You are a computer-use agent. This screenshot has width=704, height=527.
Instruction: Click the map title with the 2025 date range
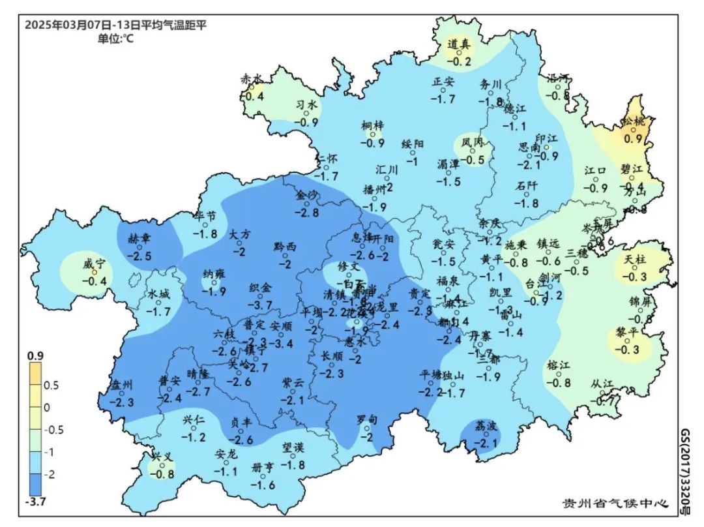point(116,25)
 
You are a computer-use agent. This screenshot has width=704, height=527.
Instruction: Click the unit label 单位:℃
point(115,38)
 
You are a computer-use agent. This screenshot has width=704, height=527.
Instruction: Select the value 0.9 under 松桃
point(633,138)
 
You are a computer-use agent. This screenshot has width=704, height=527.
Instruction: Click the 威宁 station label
point(94,264)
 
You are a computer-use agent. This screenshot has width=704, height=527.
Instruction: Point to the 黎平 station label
point(625,333)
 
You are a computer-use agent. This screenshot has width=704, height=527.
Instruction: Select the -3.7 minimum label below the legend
point(36,501)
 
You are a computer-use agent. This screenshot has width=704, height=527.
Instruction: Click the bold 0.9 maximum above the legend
point(35,355)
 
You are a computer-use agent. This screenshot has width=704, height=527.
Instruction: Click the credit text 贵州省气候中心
point(615,504)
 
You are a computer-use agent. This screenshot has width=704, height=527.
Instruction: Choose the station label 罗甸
point(367,420)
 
